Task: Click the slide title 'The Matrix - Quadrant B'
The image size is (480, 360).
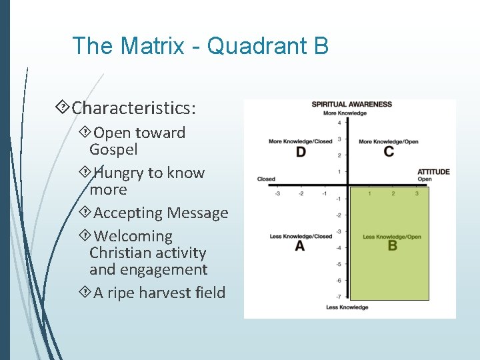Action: pos(200,46)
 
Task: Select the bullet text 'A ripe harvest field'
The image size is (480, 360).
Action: pos(159,293)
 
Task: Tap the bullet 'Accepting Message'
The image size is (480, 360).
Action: pos(161,213)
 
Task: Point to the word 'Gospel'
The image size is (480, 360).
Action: pos(113,149)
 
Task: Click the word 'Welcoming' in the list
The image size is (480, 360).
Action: pos(133,236)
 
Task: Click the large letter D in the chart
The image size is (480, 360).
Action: pos(301,152)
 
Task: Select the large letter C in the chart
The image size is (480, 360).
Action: pos(389,152)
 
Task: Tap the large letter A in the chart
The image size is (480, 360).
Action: pos(300,246)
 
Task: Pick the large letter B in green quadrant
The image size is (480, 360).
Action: pos(392,246)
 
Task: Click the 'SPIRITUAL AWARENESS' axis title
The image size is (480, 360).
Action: pos(351,105)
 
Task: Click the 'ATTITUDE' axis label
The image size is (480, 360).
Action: pos(433,172)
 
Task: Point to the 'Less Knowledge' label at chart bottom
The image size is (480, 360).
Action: pos(347,307)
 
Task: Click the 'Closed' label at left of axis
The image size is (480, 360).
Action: pos(266,179)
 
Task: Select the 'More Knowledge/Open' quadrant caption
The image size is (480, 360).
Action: pos(389,142)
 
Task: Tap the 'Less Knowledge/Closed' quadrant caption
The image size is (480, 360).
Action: pos(301,237)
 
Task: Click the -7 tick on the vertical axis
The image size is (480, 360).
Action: pos(339,297)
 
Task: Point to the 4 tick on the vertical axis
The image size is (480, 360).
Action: pos(339,123)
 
